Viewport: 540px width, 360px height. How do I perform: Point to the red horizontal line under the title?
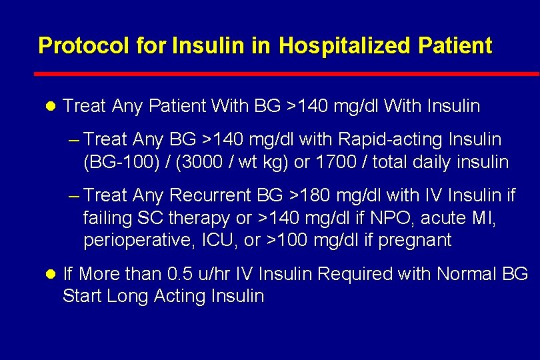click(287, 73)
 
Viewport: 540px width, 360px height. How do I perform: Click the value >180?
click(311, 196)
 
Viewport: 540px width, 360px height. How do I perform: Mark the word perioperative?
click(138, 240)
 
